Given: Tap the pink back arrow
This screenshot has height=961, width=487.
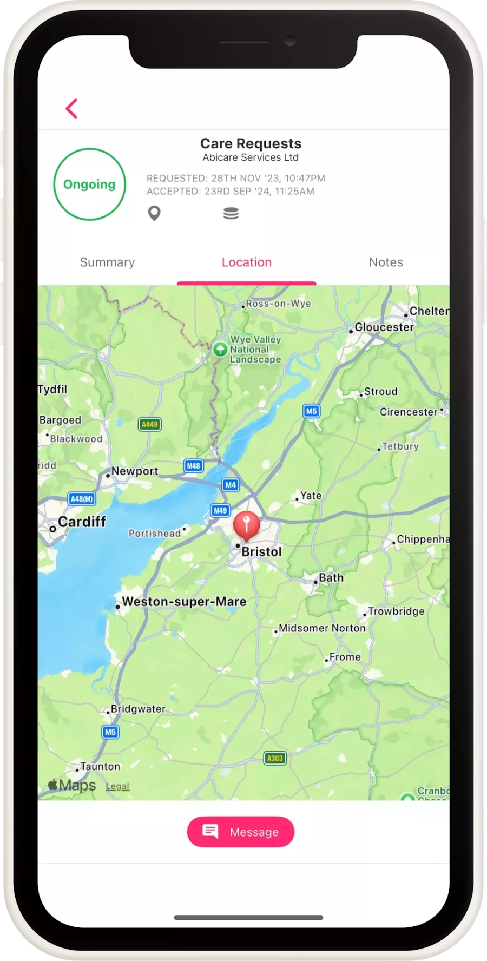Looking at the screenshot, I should coord(71,108).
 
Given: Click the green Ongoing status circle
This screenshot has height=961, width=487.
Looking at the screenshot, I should coord(89,185).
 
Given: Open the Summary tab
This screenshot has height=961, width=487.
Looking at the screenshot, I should coord(107,262).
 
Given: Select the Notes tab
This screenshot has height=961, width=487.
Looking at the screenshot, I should coord(386,262).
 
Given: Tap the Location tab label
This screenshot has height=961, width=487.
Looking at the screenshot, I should coord(247,262).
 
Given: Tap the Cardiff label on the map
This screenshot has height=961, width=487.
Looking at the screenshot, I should coord(82,522).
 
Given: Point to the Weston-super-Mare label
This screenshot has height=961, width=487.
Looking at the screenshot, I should coord(184,602).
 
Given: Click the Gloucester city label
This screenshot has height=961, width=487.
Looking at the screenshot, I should coord(384,327).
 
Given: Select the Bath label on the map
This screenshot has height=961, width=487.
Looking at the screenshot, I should coord(331,578).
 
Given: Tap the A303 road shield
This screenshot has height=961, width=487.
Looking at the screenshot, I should coord(275,758).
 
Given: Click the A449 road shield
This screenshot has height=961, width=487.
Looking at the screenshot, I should coord(150,424).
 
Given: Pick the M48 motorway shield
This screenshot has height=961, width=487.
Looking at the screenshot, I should coord(193,465).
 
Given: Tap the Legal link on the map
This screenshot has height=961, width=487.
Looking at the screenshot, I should coord(117,786).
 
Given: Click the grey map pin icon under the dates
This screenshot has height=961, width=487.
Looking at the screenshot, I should coord(154,213).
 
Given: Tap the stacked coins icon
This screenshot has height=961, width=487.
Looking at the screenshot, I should coord(231,213).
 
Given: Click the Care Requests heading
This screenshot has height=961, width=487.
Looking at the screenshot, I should coord(251,143).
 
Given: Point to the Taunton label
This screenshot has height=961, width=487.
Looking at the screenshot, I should coord(100,767).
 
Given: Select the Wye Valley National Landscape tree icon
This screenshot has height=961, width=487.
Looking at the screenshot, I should coord(220,349).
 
